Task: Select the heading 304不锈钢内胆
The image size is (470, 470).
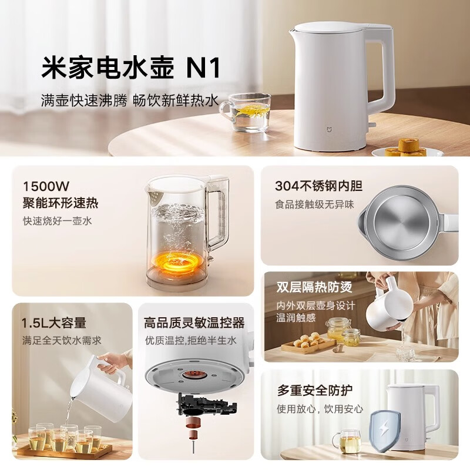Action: click(x=318, y=186)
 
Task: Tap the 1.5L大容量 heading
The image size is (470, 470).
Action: click(x=53, y=323)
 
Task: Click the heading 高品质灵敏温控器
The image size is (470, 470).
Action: click(x=194, y=323)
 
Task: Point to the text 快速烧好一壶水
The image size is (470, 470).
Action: click(x=58, y=221)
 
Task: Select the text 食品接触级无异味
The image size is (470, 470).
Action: click(x=315, y=205)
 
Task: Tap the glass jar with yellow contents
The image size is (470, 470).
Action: click(x=338, y=330)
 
